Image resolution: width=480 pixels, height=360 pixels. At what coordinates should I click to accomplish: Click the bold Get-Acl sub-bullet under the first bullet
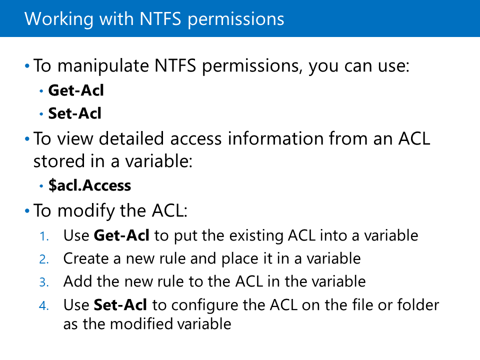76,91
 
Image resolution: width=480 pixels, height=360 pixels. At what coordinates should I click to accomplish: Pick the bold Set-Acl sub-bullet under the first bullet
74,114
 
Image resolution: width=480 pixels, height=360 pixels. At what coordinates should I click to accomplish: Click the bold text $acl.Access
89,186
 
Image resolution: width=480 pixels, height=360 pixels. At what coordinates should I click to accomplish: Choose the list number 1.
44,236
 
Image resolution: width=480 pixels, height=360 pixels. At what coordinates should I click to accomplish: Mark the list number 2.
44,259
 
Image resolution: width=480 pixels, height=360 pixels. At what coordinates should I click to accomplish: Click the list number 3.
44,282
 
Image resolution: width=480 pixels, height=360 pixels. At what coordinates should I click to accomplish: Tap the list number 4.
44,305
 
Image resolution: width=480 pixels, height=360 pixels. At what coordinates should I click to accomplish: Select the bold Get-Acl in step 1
122,235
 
